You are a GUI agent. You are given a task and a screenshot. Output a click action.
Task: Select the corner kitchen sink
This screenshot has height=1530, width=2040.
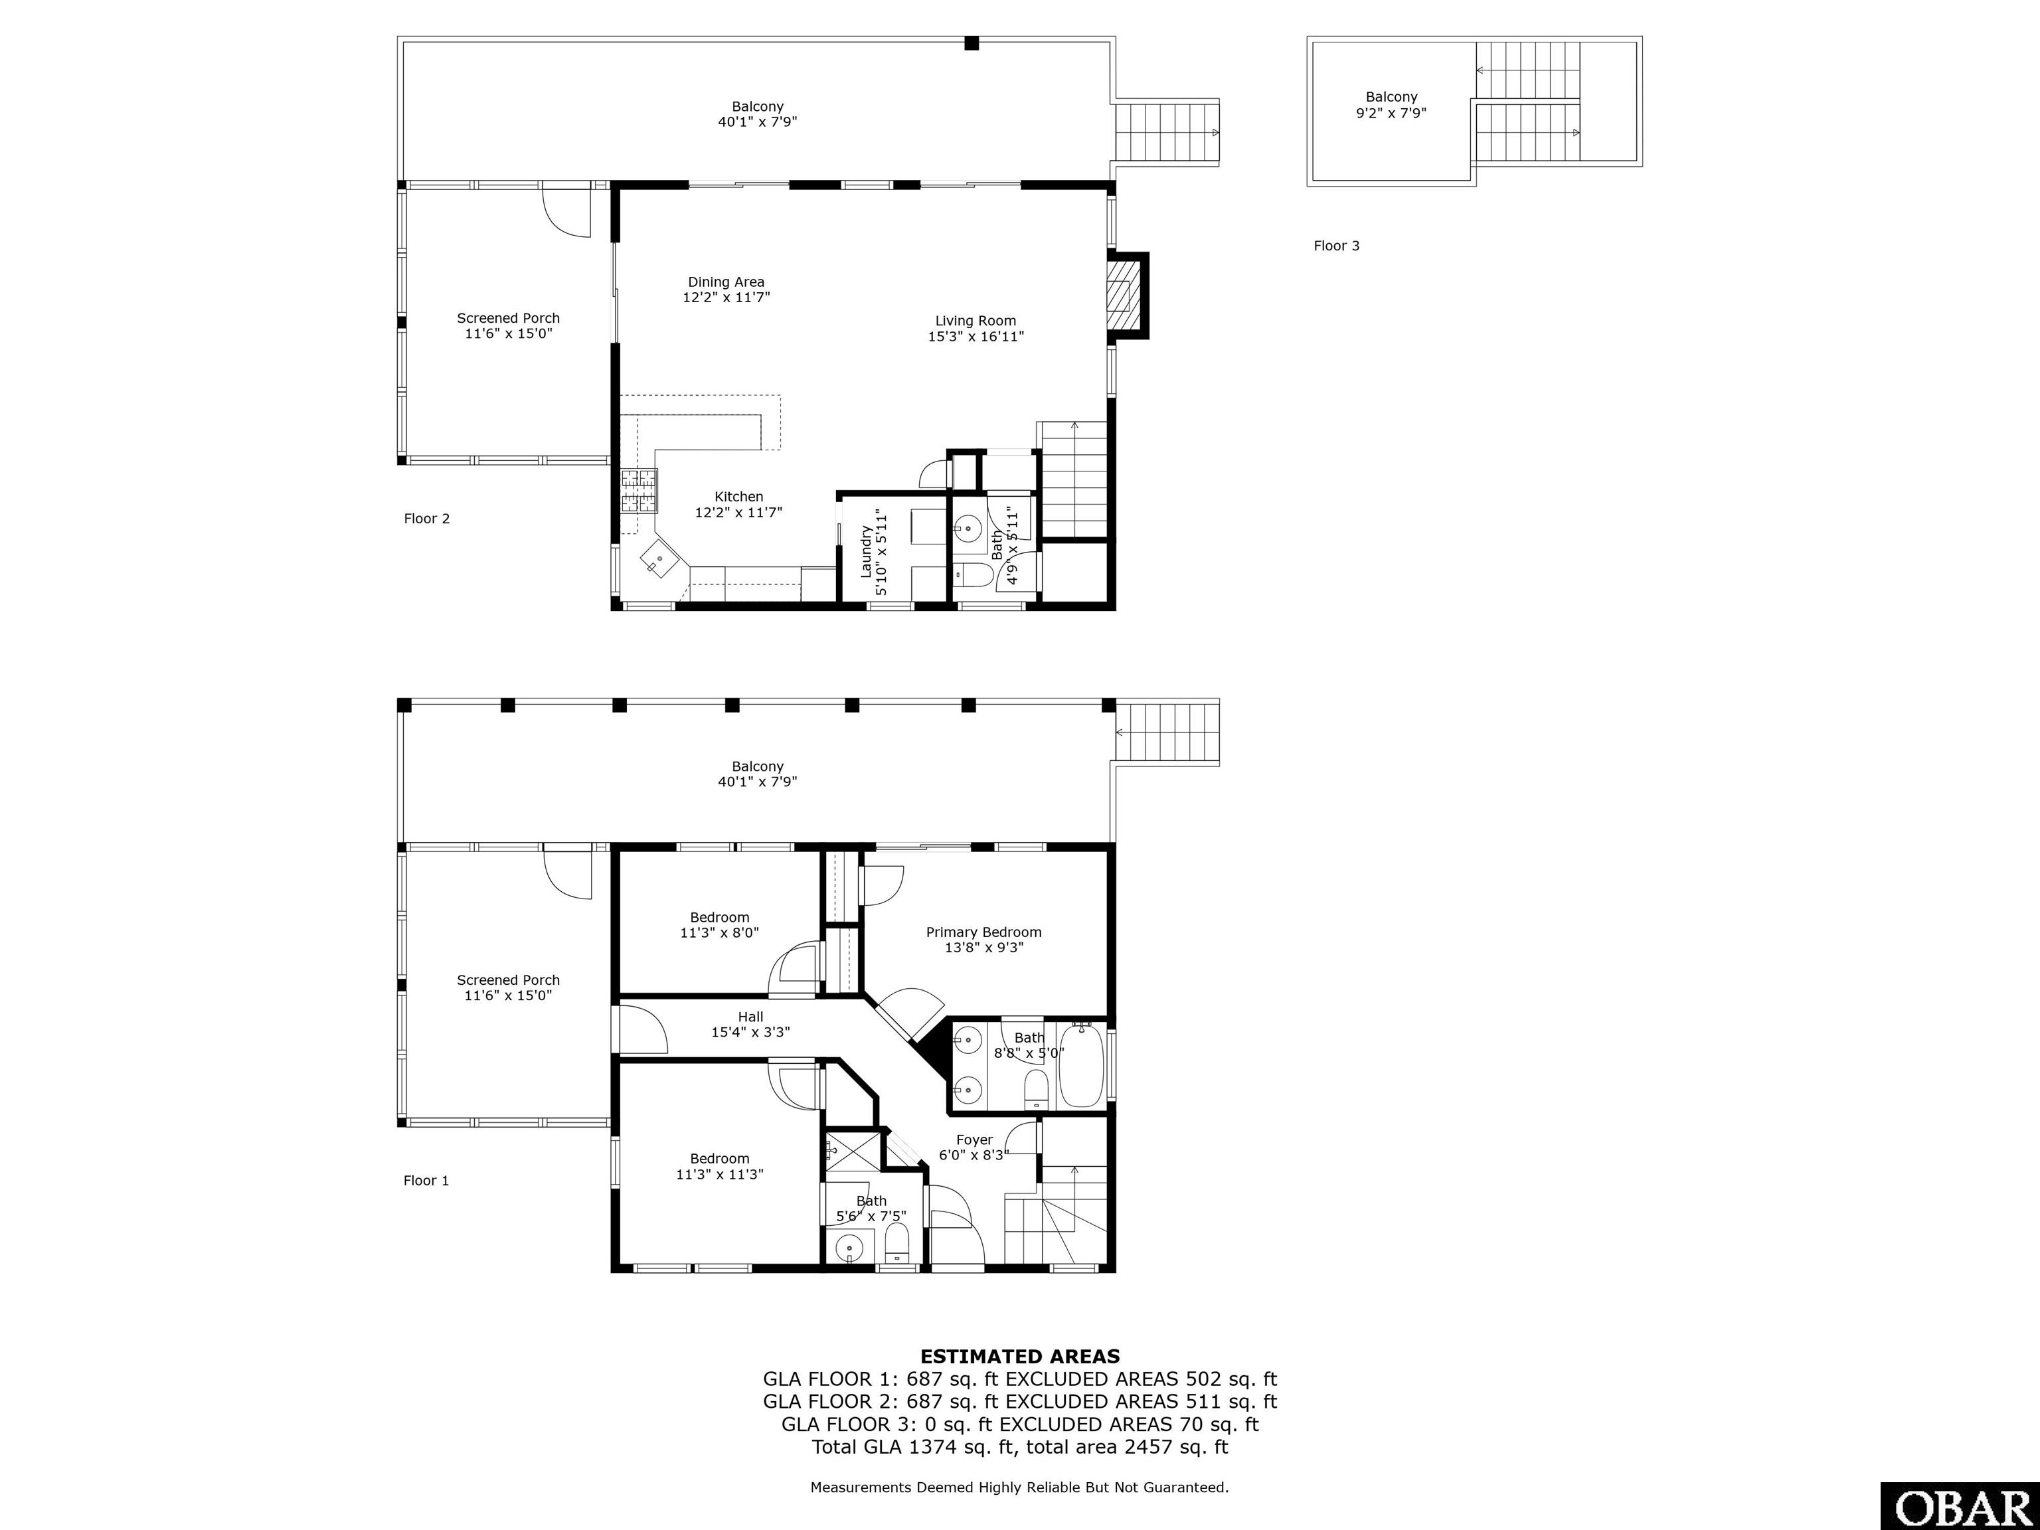(660, 558)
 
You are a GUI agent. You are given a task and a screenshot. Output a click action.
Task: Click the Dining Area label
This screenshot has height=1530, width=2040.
(726, 282)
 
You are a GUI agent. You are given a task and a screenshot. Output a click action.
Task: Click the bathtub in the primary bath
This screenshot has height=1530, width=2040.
(1082, 1066)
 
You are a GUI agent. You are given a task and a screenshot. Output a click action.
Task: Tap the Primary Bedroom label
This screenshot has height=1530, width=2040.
(984, 932)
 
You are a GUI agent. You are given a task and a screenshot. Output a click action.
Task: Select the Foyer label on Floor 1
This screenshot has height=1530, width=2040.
(974, 1140)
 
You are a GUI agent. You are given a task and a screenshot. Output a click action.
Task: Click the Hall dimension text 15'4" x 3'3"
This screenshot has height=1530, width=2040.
(750, 1032)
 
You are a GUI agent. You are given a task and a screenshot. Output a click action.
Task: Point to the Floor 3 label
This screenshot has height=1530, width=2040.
(1336, 245)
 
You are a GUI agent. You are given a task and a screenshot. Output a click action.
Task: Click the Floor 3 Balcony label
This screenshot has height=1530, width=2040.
(1392, 97)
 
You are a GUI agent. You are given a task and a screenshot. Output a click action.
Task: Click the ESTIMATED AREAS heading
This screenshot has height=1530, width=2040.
(1020, 1357)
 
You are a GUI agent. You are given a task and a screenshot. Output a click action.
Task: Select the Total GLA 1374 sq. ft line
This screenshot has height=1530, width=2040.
(1020, 1447)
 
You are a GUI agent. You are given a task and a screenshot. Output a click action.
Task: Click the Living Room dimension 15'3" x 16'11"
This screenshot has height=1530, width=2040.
(976, 337)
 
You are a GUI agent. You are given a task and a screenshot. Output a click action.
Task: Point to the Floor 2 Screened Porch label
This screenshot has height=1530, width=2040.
(508, 318)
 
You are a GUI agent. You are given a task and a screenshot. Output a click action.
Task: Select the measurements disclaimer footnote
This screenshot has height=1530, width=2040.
(1020, 1487)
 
